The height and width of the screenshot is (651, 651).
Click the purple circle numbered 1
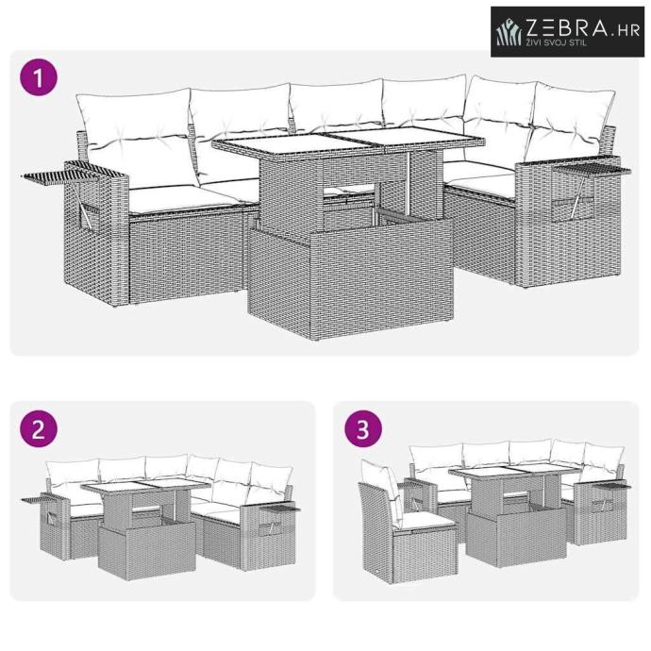tap(39, 77)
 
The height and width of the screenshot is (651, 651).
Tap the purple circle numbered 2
tap(39, 429)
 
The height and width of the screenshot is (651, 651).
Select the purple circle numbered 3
tap(363, 429)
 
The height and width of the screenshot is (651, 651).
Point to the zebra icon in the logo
tap(509, 31)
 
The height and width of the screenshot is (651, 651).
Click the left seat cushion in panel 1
tap(183, 198)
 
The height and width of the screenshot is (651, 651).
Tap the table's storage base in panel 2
tap(147, 547)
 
